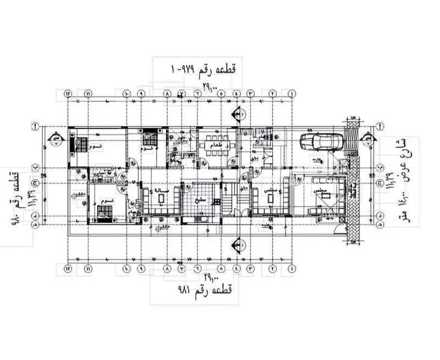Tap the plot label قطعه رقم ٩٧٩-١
point(203,69)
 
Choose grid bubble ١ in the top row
point(292,93)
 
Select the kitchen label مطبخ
point(201,199)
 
